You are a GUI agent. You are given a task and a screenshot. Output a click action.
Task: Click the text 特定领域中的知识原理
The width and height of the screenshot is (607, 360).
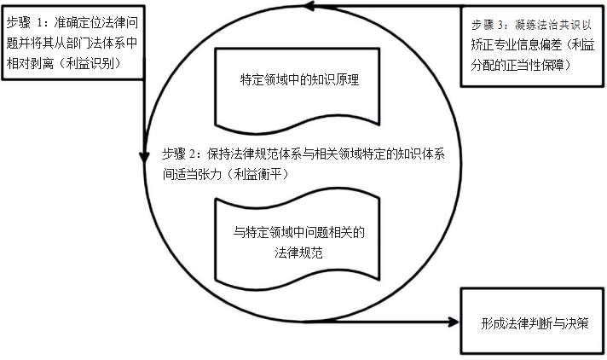pos(301,80)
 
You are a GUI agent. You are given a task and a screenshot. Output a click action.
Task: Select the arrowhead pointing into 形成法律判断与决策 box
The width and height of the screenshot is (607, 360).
pos(453,322)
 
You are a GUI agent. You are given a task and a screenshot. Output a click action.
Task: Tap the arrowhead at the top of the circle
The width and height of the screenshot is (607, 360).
pos(313,7)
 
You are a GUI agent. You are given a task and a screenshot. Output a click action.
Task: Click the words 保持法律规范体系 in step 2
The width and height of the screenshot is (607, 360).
pos(253,154)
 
